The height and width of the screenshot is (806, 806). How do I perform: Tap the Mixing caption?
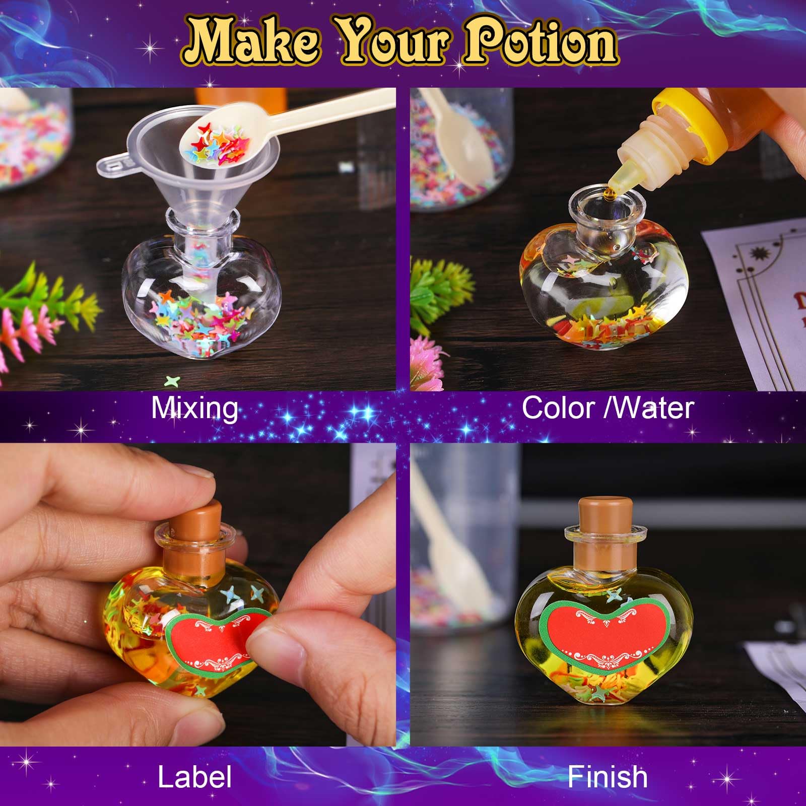click(194, 408)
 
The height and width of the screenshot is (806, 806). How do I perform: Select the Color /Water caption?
click(608, 408)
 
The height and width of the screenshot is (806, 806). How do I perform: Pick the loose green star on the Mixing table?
click(172, 381)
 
